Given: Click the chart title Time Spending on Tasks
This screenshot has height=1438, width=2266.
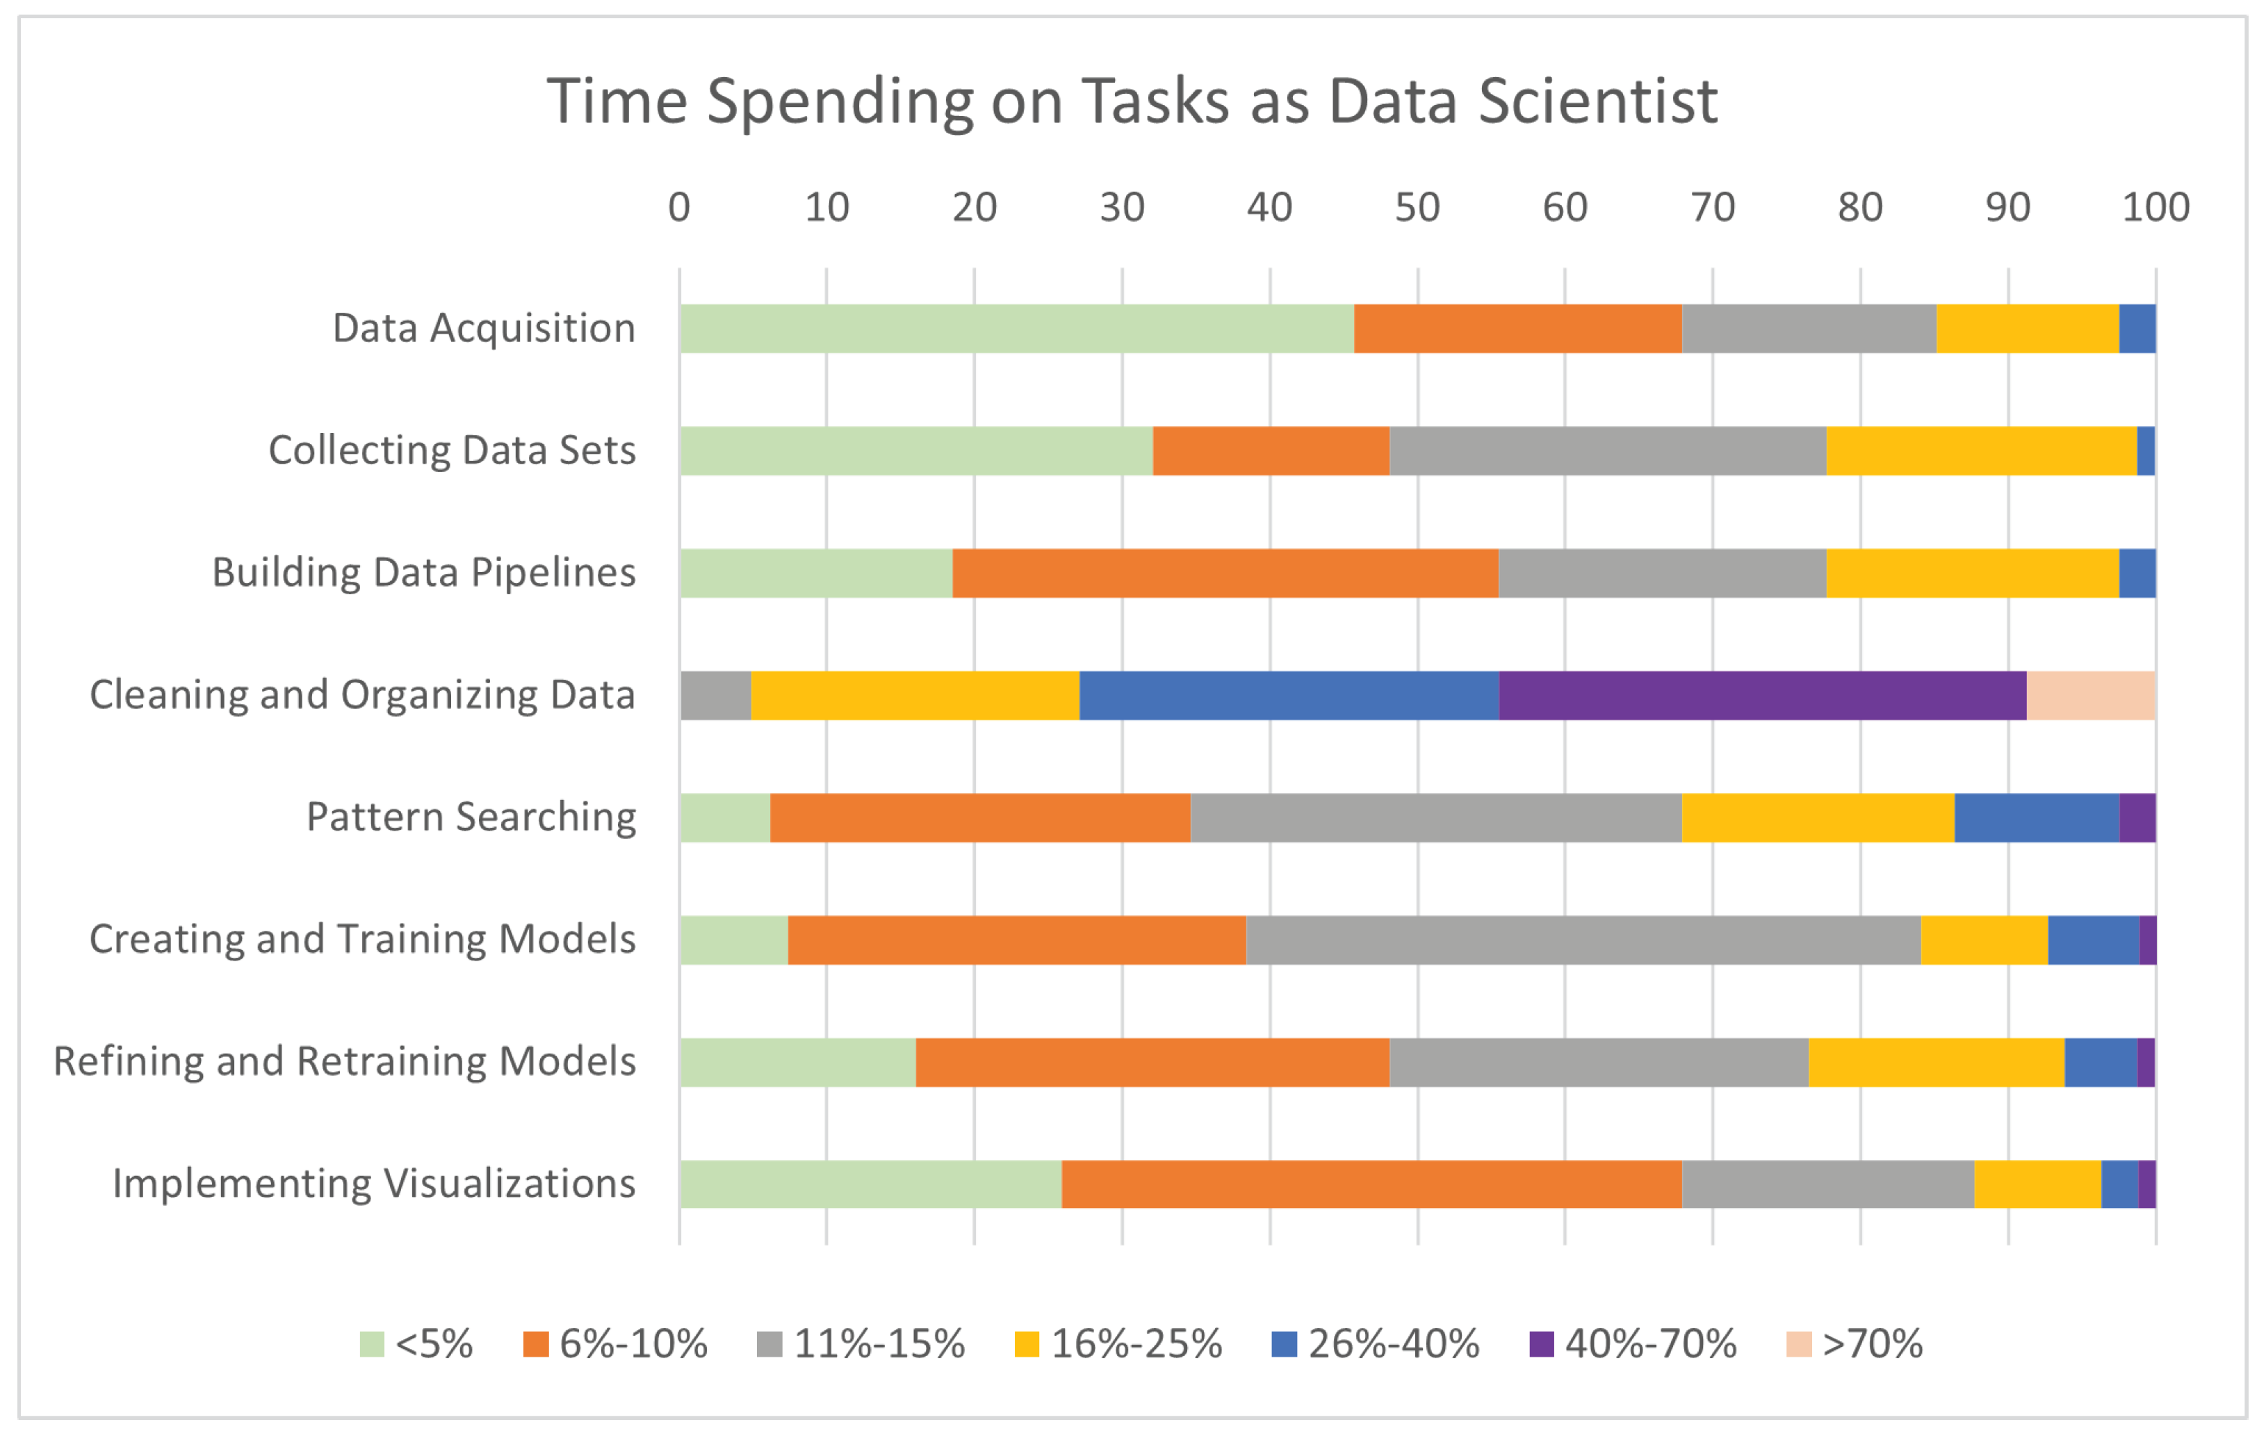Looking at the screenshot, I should pyautogui.click(x=1132, y=101).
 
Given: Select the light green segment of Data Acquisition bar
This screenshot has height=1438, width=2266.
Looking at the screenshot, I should pyautogui.click(x=1016, y=329).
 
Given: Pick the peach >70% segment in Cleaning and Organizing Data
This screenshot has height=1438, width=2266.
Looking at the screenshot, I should pyautogui.click(x=2090, y=696).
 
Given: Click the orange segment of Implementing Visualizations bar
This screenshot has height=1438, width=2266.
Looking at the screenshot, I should pyautogui.click(x=1371, y=1184).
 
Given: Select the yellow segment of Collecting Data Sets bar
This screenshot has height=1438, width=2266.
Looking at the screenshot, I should pyautogui.click(x=1981, y=451).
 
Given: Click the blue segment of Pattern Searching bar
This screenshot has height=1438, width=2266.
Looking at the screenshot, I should pyautogui.click(x=2037, y=818).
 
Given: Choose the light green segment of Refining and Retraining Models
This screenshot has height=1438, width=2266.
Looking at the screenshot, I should pyautogui.click(x=797, y=1063).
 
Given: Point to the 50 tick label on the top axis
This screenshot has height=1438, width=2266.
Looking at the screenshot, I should pyautogui.click(x=1417, y=207).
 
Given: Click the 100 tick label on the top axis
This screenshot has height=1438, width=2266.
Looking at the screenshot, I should pyautogui.click(x=2155, y=207).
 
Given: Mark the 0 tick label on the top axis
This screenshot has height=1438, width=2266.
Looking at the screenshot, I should pyautogui.click(x=678, y=207).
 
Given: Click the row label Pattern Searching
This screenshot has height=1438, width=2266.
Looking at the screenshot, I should pyautogui.click(x=471, y=817).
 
